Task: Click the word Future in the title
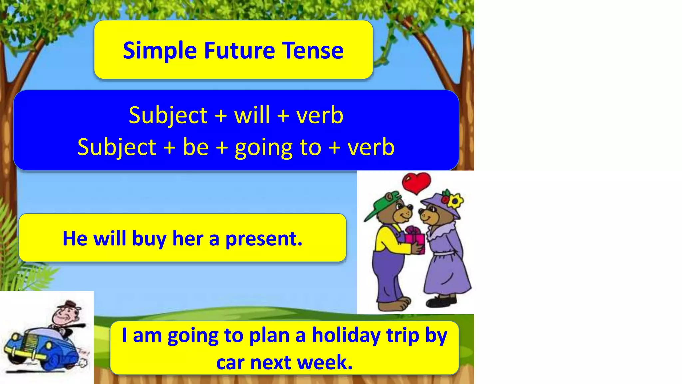pyautogui.click(x=239, y=51)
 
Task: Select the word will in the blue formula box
pyautogui.click(x=252, y=115)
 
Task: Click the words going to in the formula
pyautogui.click(x=278, y=147)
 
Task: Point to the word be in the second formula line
pyautogui.click(x=195, y=147)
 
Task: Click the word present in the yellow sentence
pyautogui.click(x=264, y=239)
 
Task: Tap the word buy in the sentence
pyautogui.click(x=149, y=239)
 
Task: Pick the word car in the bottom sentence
pyautogui.click(x=230, y=363)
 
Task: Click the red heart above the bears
pyautogui.click(x=416, y=183)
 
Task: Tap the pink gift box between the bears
pyautogui.click(x=415, y=240)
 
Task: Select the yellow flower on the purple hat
pyautogui.click(x=455, y=201)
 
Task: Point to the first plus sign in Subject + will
pyautogui.click(x=221, y=116)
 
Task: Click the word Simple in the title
pyautogui.click(x=160, y=51)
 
